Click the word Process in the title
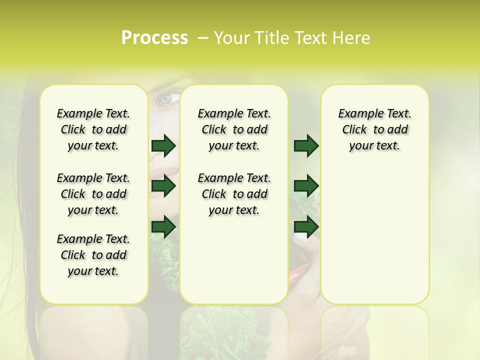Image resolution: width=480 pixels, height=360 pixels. pos(154,38)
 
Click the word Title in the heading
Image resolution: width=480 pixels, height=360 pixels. pos(271,38)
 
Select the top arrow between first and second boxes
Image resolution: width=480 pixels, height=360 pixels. pos(163,145)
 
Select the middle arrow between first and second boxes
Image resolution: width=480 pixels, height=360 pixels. pos(163,186)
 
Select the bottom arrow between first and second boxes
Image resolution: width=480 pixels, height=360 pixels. pos(163,226)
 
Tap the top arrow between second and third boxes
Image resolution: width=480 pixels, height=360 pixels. pos(305,145)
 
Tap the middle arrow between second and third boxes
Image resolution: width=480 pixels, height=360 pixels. pos(305,186)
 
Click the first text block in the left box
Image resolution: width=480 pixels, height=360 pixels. pos(93,129)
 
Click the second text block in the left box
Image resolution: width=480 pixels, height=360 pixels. pos(93,194)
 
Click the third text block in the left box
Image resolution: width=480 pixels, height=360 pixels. pos(93,255)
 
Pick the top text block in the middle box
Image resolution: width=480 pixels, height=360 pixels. pos(234,129)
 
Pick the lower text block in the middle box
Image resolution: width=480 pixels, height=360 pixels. pos(234,194)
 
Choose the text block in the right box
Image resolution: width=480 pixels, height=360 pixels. pos(374,129)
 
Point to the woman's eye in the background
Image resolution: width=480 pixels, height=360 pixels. pos(168,98)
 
